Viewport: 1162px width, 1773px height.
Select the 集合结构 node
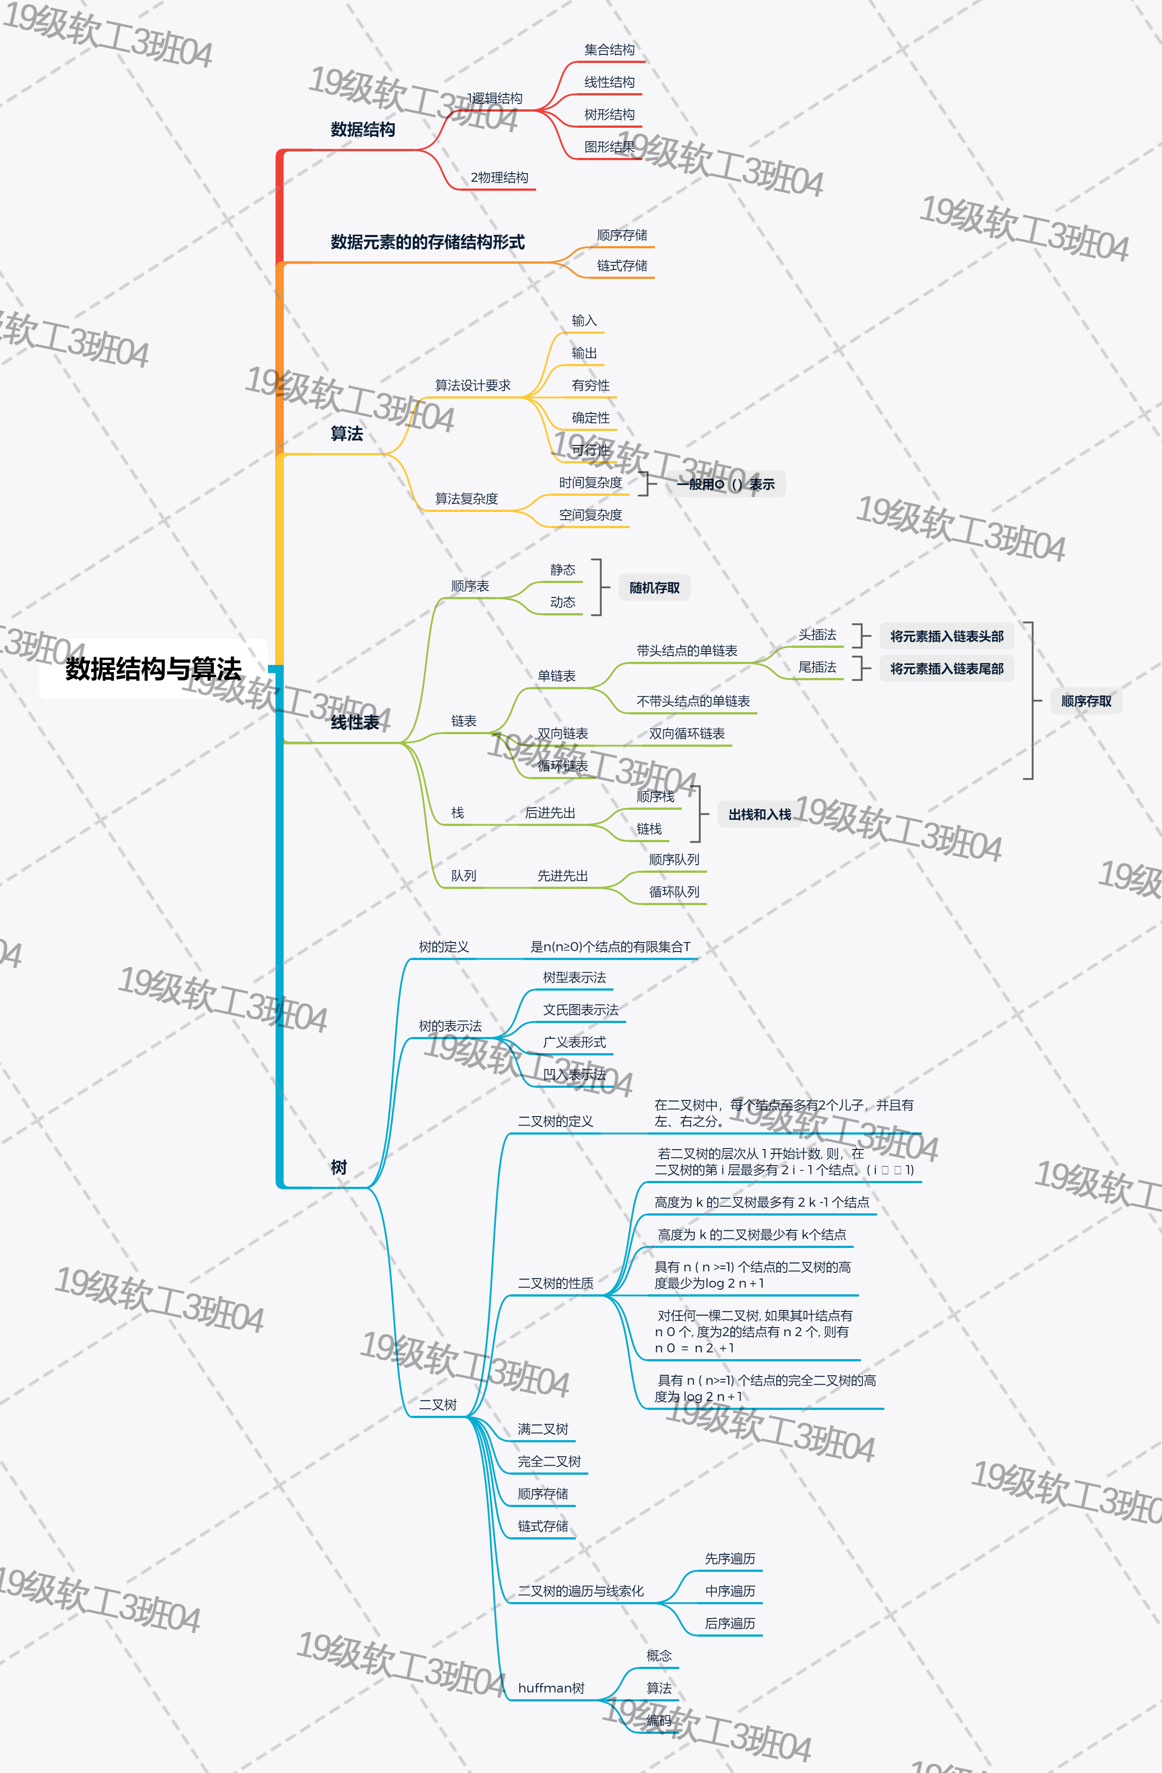click(609, 50)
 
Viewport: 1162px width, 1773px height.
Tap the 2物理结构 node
click(499, 177)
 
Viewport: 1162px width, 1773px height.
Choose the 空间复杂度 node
click(590, 515)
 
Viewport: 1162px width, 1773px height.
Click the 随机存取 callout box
click(654, 588)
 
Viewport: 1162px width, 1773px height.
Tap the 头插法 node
click(817, 635)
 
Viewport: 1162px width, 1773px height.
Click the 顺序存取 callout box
click(1085, 701)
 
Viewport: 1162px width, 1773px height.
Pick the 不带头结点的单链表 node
click(693, 701)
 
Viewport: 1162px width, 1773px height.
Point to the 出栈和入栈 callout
click(759, 814)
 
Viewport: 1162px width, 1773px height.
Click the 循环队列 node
click(673, 892)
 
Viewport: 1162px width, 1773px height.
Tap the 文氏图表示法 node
click(580, 1010)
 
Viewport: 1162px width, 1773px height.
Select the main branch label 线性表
click(354, 722)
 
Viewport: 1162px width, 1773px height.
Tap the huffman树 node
click(551, 1688)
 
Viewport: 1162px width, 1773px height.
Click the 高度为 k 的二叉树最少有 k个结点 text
click(752, 1234)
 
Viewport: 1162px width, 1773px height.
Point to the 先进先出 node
click(562, 875)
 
